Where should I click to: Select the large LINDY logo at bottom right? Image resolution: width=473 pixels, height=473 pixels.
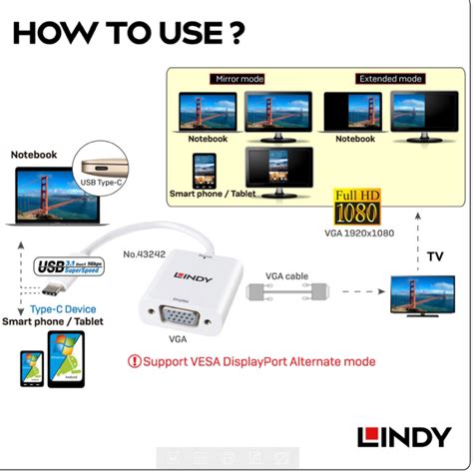point(404,436)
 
